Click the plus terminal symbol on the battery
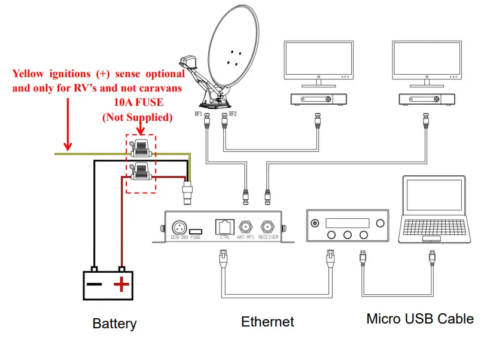point(121,283)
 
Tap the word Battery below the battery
point(114,324)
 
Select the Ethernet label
point(267,322)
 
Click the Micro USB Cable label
point(420,319)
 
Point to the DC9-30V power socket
point(178,227)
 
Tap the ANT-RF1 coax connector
point(245,227)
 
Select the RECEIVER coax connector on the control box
point(267,227)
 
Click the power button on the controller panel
point(315,223)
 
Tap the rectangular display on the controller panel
point(347,222)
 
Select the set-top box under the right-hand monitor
point(426,99)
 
